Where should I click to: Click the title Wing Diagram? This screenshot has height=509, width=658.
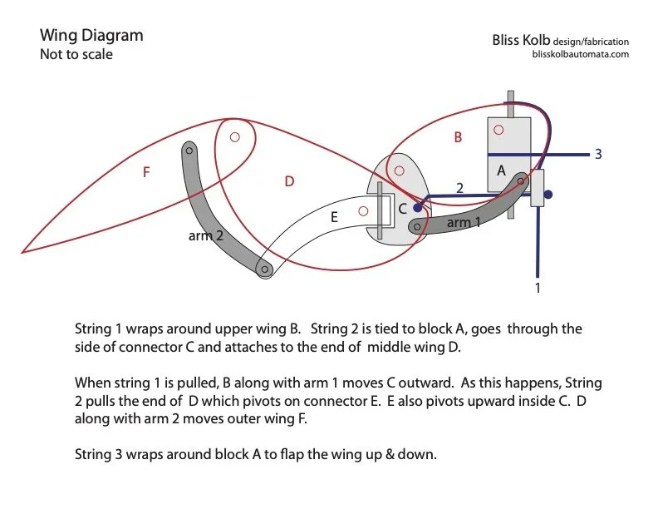coord(91,36)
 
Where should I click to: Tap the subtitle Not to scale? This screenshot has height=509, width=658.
coord(76,55)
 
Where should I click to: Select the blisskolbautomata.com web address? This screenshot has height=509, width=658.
coord(580,54)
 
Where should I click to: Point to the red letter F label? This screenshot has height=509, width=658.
coord(146,172)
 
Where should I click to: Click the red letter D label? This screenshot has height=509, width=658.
coord(289,180)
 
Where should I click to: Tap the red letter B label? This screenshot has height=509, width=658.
coord(457,138)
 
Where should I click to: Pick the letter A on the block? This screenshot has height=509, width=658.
coord(501,170)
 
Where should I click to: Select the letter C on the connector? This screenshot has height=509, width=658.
coord(402,209)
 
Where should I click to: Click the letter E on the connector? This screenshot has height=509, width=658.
coord(334,217)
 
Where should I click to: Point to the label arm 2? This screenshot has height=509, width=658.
coord(206,235)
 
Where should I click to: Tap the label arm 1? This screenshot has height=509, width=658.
coord(464,223)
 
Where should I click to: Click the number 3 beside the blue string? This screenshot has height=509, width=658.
coord(597,155)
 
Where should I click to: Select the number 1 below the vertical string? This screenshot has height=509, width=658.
coord(538,288)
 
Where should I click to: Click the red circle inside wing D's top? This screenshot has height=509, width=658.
coord(235,136)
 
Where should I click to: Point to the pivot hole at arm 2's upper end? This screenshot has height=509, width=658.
coord(189,151)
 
